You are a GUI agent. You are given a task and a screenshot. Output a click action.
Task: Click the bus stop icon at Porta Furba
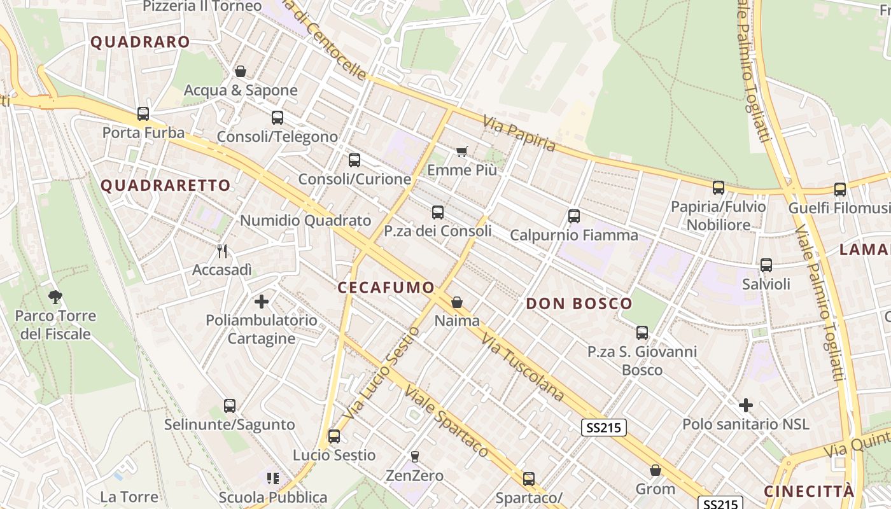pos(143,114)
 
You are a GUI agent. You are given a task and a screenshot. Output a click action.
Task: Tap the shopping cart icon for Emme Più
pos(461,151)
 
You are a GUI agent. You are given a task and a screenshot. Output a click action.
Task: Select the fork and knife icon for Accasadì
pos(222,251)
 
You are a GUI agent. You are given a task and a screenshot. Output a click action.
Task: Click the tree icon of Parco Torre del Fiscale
pos(55,296)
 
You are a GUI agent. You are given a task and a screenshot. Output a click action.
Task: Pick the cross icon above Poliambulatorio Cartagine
pos(262,302)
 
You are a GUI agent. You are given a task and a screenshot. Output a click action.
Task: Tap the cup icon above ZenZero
pos(414,456)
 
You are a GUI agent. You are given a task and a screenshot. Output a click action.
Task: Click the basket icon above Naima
pos(457,302)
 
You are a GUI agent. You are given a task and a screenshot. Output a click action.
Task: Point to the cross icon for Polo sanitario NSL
pos(746,405)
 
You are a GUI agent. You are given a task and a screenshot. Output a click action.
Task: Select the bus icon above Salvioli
pos(766,265)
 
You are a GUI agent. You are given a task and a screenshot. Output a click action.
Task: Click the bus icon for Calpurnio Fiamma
pos(574,216)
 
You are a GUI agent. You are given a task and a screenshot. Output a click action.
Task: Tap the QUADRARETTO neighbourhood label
pos(165,186)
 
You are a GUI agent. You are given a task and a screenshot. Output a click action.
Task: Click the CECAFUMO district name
pos(386,288)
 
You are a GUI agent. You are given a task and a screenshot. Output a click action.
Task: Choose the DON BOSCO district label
pos(579,303)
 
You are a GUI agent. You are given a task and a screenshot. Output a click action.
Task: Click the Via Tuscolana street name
pos(523,367)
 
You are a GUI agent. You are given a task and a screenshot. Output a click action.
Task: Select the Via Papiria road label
pos(519,134)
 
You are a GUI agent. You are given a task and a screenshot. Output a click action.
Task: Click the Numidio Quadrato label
pos(305,221)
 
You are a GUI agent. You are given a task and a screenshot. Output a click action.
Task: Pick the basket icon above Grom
pos(656,471)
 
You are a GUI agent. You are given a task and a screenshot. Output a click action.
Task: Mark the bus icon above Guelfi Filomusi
pos(840,189)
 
